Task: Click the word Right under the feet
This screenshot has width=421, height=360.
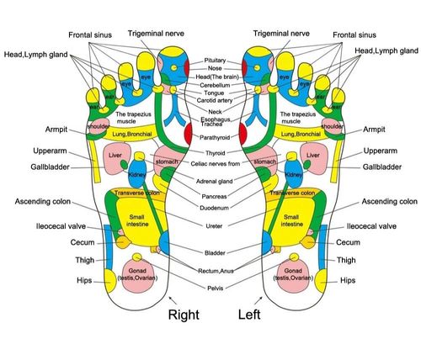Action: click(x=184, y=317)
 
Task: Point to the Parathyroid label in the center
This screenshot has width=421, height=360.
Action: click(x=216, y=136)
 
